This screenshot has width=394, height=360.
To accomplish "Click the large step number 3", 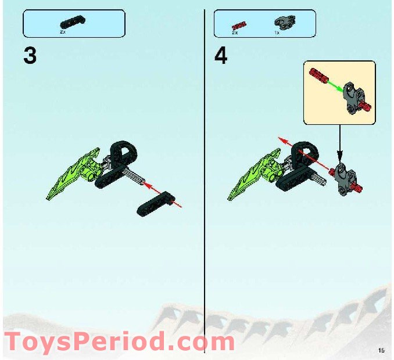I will tap(30, 56).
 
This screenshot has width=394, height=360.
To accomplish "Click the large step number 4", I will tap(221, 56).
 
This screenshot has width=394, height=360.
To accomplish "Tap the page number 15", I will tap(381, 350).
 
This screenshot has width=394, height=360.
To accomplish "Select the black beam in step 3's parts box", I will tap(72, 23).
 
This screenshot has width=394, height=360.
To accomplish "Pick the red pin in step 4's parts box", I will tap(236, 25).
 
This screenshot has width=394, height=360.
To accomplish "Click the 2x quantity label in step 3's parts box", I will tap(63, 33).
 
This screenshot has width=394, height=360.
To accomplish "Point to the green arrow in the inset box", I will tap(334, 86).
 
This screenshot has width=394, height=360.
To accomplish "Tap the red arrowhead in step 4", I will tap(281, 140).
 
